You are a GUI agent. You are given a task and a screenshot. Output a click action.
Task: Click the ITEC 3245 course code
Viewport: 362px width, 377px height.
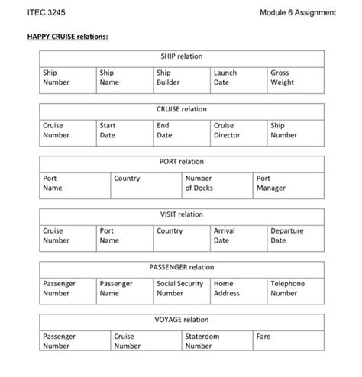coord(46,13)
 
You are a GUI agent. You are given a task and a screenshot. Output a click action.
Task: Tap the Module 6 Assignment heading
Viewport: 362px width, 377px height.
coord(297,13)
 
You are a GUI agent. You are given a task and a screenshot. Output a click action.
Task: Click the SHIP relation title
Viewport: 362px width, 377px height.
coord(181,56)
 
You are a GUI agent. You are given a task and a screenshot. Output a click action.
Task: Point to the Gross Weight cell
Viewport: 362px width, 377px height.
coord(296,77)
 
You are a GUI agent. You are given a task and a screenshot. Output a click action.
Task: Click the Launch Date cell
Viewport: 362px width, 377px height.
coord(238,77)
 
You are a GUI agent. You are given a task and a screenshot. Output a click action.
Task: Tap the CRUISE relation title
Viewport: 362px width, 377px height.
coord(181,109)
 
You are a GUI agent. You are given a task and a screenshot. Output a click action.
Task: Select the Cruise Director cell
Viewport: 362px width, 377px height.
coord(238,130)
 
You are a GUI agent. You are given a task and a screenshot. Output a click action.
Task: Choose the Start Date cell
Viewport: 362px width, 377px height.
coord(124,130)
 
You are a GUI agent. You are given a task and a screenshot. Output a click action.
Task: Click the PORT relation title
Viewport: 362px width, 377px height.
coord(181,162)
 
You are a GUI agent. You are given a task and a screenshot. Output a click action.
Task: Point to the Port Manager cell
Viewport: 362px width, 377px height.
coord(289,182)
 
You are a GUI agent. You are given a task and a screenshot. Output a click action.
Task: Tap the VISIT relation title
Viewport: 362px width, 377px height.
coord(181,214)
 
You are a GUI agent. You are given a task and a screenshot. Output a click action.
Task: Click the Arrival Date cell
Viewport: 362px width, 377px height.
coord(238,235)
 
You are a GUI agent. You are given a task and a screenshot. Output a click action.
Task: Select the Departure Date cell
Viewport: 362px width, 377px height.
coord(296,235)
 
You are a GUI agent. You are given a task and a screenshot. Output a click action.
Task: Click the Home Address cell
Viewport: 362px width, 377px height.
coord(238,288)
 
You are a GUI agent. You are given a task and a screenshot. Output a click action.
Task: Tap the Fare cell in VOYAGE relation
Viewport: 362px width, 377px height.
coord(289,340)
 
